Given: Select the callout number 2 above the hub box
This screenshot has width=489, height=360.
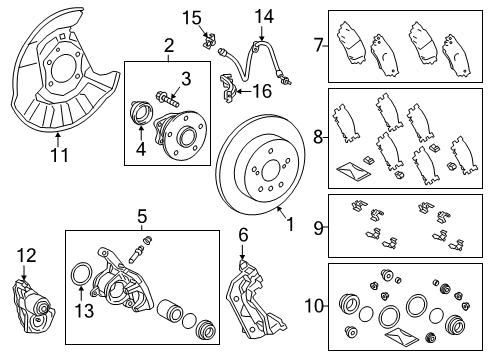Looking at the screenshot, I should point(169,45).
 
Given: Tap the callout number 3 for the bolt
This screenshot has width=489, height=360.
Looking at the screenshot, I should point(185,78).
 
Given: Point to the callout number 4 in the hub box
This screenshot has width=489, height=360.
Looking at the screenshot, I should point(139,151).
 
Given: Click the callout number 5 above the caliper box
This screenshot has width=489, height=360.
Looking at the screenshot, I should point(142,215).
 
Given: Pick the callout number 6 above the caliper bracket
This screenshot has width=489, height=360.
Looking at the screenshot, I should point(243,235).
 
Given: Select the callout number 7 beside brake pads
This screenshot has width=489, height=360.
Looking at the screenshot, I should point(319,44).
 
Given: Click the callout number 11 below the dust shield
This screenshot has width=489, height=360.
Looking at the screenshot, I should point(58,155).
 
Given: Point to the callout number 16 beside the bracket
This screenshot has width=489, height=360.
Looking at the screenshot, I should point(262,91).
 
